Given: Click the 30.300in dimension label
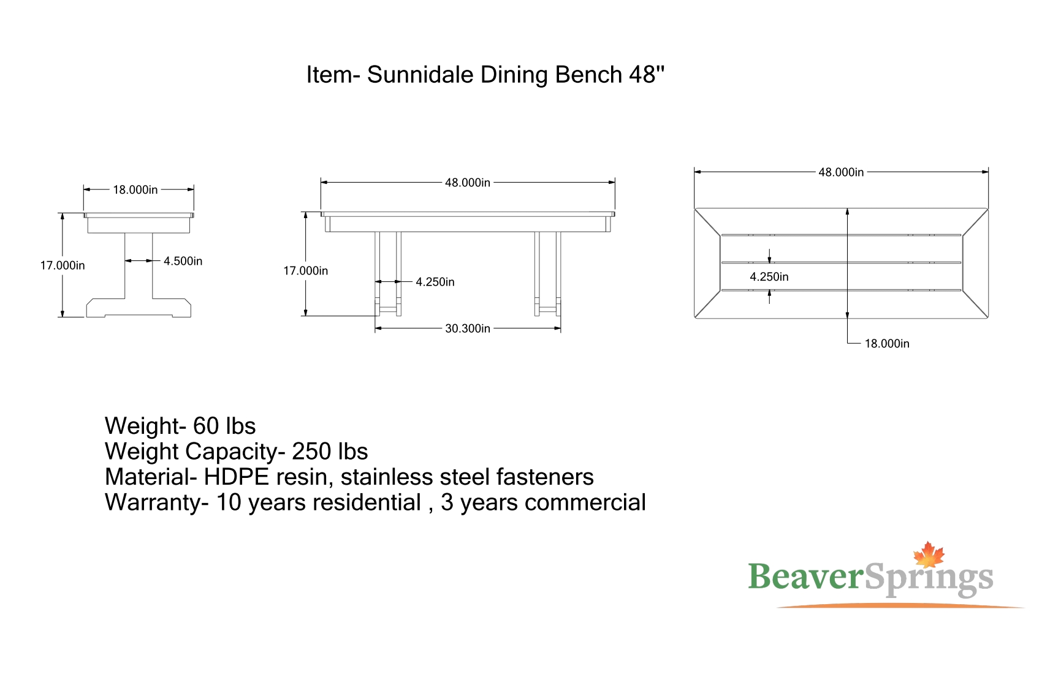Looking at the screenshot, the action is pos(468,328).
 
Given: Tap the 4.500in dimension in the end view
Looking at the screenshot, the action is pos(183,261).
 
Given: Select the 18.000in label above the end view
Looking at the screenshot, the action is pos(135,190).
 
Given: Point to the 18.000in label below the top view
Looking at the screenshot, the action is pos(887,344).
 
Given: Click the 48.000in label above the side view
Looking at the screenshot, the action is pos(468,183).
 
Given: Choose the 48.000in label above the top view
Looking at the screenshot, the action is pos(841,173).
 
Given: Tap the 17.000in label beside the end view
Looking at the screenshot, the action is pos(63,265).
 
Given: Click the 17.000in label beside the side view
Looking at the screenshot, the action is pos(306,271).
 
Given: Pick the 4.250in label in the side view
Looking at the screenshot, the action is pos(435,282).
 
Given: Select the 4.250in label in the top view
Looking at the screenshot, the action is pos(769,277).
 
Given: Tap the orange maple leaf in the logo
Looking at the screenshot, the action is pos(929,555).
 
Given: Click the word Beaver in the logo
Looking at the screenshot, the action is pos(805,577).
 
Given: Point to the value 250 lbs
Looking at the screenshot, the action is pos(330,451).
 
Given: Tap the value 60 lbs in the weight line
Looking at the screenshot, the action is pos(224,426).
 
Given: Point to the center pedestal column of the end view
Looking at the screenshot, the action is pos(139,265).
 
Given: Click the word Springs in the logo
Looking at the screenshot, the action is pos(929,578).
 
